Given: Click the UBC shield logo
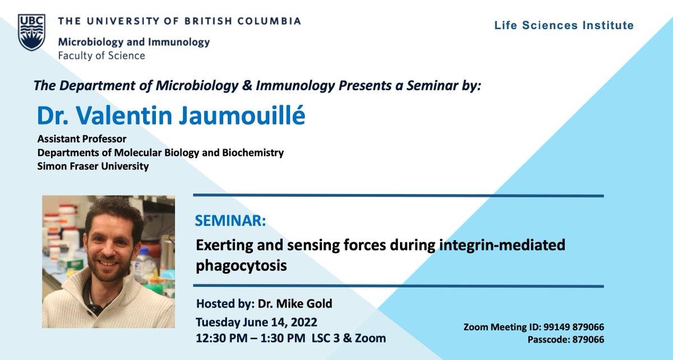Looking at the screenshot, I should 31,33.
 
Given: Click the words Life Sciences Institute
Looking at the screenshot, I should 564,25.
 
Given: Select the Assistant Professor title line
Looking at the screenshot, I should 82,139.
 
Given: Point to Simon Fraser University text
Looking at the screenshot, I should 93,167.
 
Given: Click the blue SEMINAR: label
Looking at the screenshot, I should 231,221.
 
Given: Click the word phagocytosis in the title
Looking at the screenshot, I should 241,265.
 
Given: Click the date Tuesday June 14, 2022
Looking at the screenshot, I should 256,322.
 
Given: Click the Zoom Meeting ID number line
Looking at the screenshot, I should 533,327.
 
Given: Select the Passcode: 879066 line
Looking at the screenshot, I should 565,340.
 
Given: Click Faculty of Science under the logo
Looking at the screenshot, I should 102,56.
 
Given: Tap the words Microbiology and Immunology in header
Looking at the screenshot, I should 133,42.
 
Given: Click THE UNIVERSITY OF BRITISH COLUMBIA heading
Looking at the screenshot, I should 179,21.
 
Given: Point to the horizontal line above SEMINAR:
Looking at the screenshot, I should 398,196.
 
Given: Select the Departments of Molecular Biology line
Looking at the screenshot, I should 160,153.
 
